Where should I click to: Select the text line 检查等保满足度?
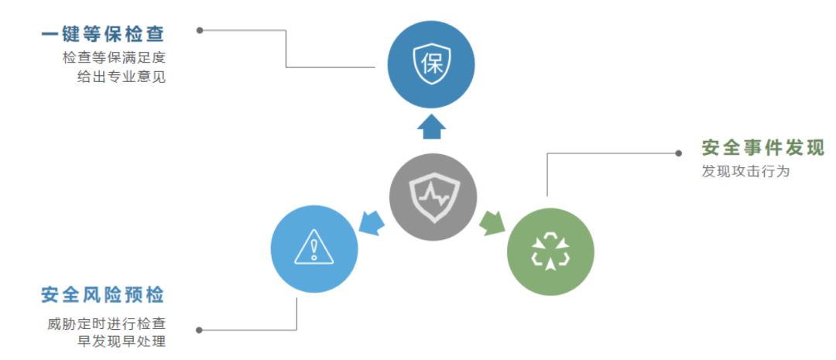click(x=115, y=58)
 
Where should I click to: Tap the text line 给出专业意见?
click(x=121, y=77)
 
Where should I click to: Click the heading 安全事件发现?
click(x=762, y=148)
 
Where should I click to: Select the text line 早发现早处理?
click(x=121, y=341)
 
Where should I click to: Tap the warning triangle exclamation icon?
click(x=313, y=248)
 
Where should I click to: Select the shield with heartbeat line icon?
click(x=433, y=196)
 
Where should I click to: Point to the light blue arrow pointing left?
click(x=372, y=221)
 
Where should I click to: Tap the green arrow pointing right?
click(x=491, y=222)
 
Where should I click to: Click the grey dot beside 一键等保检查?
click(x=200, y=31)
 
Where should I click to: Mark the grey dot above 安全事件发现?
click(x=680, y=153)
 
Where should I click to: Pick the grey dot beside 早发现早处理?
click(x=200, y=330)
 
